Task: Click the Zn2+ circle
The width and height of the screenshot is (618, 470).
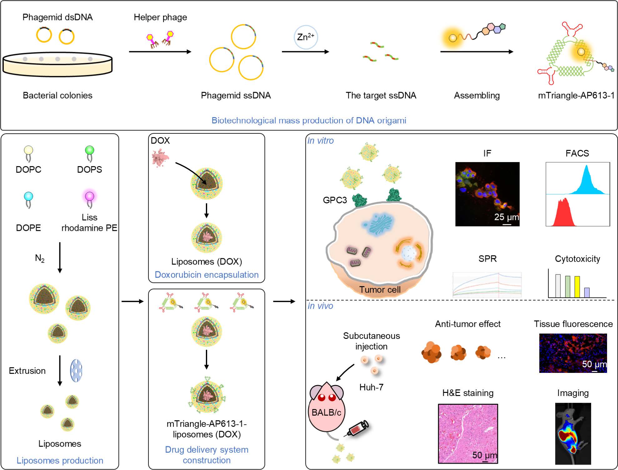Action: click(x=306, y=37)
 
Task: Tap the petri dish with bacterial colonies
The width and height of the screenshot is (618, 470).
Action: click(x=57, y=64)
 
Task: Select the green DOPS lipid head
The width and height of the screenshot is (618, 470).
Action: click(x=90, y=150)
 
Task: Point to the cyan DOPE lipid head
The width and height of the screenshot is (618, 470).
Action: click(x=28, y=196)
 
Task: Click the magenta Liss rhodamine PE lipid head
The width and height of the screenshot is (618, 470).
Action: click(x=90, y=196)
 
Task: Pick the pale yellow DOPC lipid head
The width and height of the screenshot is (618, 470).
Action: click(x=28, y=150)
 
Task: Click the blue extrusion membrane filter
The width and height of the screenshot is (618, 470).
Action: click(x=76, y=370)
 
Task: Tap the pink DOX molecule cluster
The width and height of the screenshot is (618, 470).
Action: click(x=160, y=157)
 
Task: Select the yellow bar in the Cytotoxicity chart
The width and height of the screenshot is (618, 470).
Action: click(x=577, y=286)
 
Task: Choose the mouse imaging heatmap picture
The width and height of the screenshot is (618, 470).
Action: click(x=573, y=433)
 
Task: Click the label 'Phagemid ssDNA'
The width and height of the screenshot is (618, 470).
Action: click(x=236, y=96)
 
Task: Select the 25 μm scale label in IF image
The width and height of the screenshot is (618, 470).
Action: click(x=506, y=217)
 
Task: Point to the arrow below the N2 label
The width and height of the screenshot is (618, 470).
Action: click(x=60, y=257)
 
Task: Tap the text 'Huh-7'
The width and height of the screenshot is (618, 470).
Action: click(x=371, y=387)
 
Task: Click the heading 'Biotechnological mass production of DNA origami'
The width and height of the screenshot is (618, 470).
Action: click(x=309, y=121)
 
